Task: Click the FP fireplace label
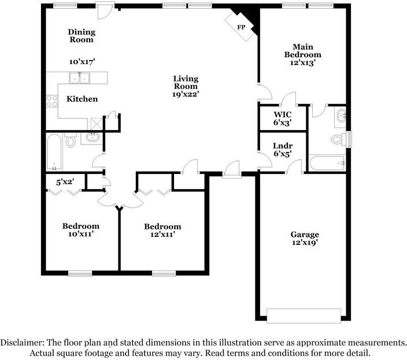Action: point(241,27)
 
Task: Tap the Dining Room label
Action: point(82,36)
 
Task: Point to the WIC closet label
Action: point(282,114)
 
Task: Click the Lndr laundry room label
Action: point(282,146)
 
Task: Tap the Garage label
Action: point(304,235)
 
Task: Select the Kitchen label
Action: point(82,99)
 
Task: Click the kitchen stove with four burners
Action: point(52,101)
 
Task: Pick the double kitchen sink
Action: point(80,77)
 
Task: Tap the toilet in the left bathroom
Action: point(71,140)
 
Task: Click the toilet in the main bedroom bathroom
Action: point(338,139)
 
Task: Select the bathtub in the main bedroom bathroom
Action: point(327,163)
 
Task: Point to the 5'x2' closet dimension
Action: point(65,181)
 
